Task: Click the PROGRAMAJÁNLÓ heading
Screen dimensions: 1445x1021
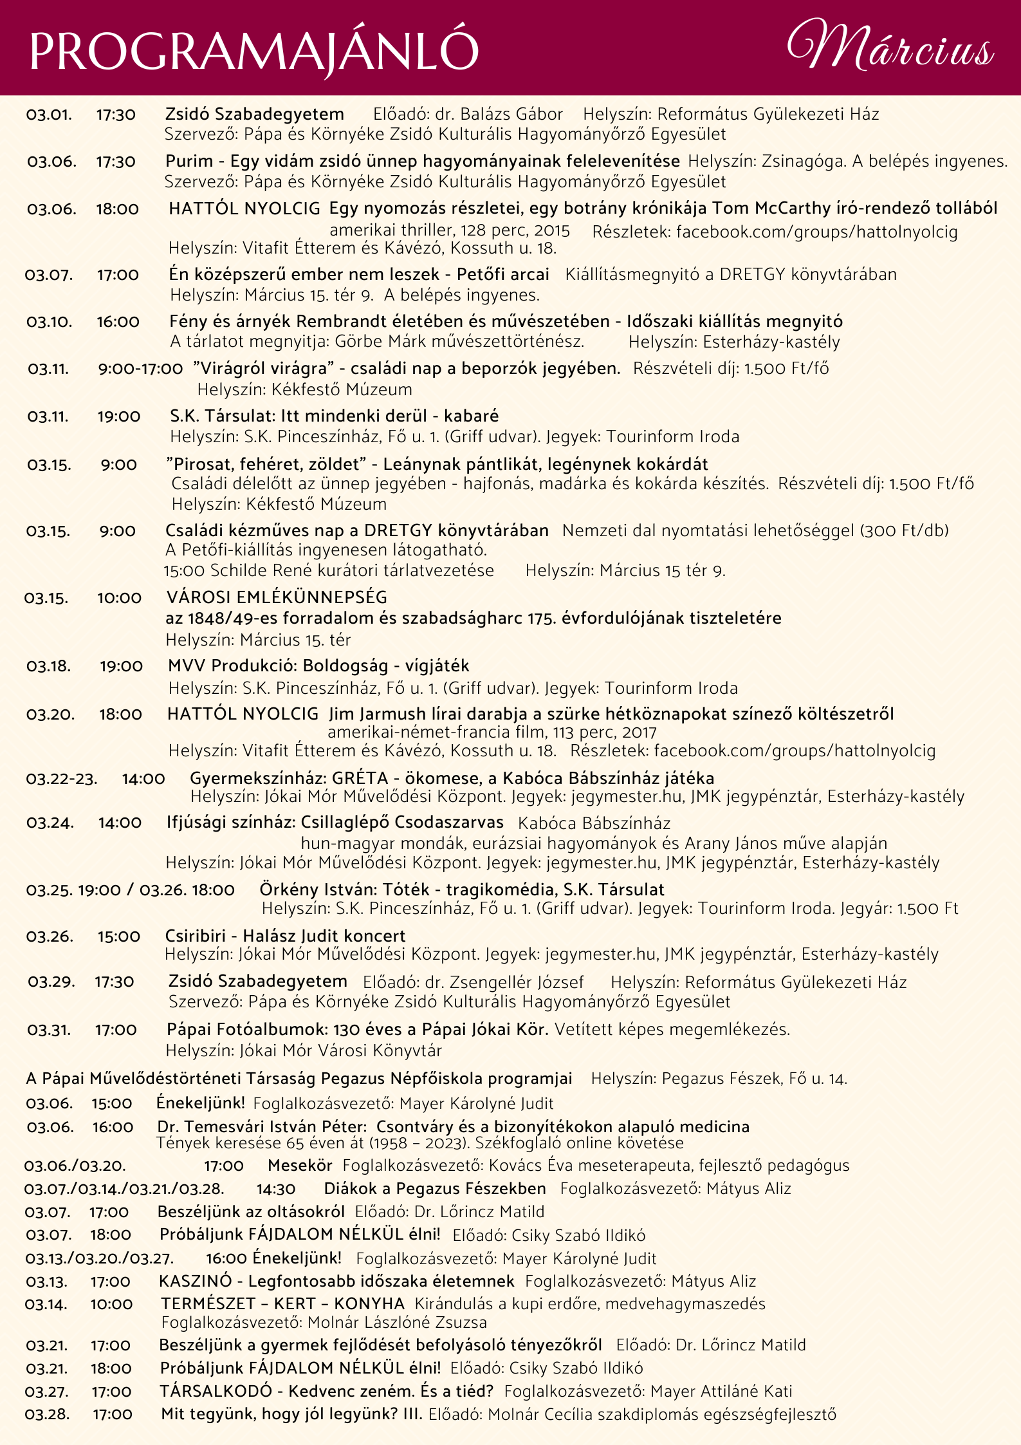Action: tap(254, 51)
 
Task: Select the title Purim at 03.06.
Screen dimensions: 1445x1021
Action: tap(189, 161)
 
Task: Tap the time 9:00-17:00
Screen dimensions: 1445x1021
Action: tap(140, 369)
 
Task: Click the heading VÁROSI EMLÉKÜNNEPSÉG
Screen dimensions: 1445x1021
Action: tap(277, 597)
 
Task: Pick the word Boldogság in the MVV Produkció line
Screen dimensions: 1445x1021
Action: tap(345, 666)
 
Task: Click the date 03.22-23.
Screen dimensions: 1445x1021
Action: tap(62, 779)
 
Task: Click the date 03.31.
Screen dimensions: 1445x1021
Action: tap(49, 1030)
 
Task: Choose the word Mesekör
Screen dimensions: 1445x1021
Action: tap(300, 1166)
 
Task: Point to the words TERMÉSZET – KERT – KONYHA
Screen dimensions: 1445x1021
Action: tap(282, 1304)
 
